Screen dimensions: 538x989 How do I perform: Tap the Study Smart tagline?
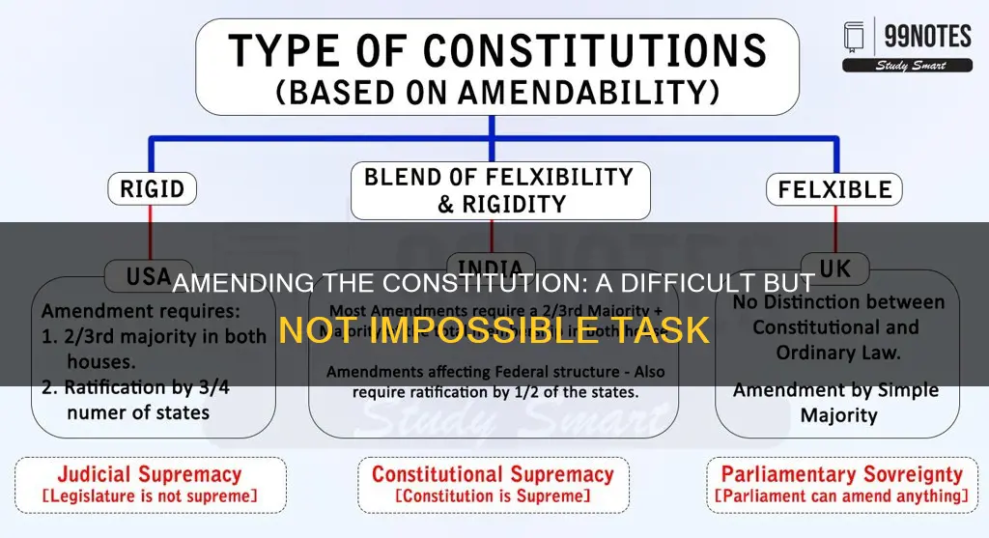[x=907, y=66]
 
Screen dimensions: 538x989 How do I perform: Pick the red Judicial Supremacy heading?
[x=149, y=474]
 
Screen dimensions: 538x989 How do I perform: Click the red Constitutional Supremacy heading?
[x=493, y=474]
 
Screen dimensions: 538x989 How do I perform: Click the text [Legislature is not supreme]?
[x=149, y=496]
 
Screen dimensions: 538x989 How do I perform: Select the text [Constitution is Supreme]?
[x=493, y=496]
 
